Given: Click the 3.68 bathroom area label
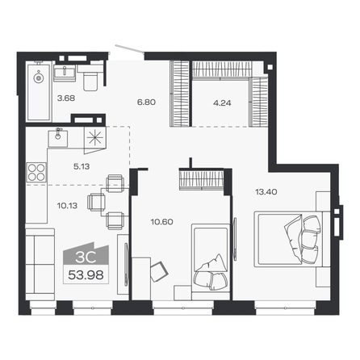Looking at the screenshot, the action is coord(66,98).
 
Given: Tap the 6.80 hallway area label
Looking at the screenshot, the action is coord(146,103).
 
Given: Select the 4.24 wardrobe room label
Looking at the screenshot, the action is coord(222,103).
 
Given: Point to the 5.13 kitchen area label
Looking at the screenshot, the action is coord(82,166).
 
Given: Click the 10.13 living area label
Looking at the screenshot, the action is coord(67,206).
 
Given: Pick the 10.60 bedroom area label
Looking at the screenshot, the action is coord(161,222).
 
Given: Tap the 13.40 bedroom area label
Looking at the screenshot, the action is coord(266,192).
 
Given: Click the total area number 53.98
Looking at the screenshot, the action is coord(86,275).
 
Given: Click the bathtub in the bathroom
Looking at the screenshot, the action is coord(39,91).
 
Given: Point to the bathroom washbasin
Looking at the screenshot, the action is coord(65,73).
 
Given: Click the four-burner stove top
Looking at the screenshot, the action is coord(36,172).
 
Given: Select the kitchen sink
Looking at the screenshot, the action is coord(57,138).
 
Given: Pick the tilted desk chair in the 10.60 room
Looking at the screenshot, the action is coord(159,271).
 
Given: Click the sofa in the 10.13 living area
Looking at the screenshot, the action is coord(40,264).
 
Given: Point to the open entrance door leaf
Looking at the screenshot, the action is coord(129,49).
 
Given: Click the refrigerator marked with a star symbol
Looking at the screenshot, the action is coord(95,139).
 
